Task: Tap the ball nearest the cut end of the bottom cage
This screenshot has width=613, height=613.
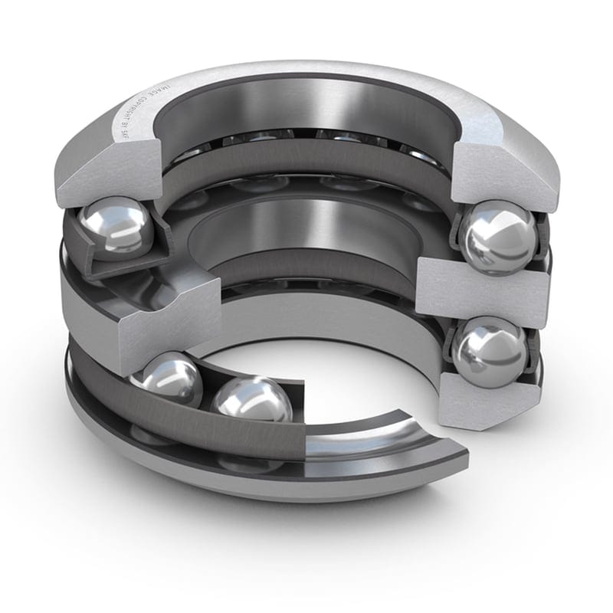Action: pyautogui.click(x=251, y=403)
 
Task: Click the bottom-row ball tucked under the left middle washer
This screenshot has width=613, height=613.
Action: pyautogui.click(x=167, y=379)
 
